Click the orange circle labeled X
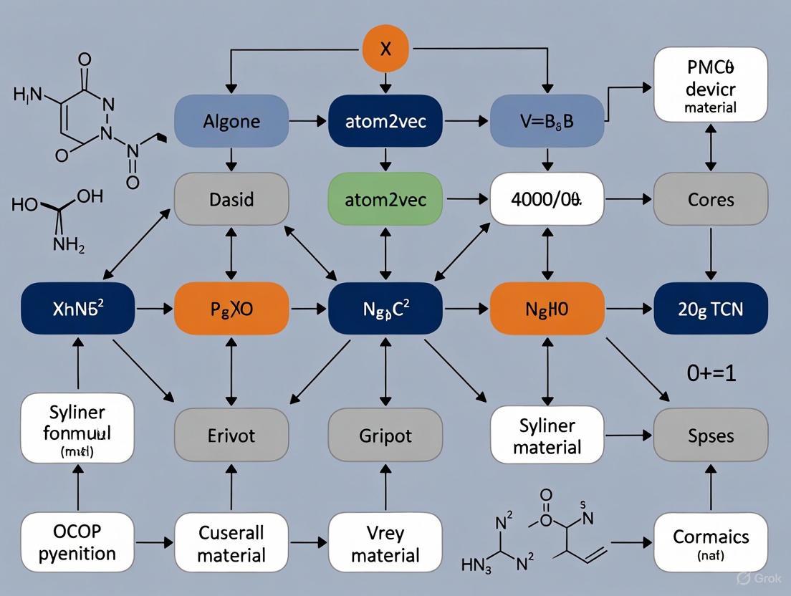[x=385, y=49]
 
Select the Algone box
[x=231, y=121]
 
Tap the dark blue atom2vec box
[x=385, y=121]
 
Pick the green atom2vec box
[x=385, y=198]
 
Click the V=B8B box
[x=547, y=121]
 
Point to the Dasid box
[x=231, y=198]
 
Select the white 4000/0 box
[x=547, y=198]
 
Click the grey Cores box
[x=710, y=198]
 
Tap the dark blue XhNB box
[x=78, y=309]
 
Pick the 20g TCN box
[x=710, y=309]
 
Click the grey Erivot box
[x=231, y=436]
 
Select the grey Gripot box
[x=385, y=436]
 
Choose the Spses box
[x=710, y=436]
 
